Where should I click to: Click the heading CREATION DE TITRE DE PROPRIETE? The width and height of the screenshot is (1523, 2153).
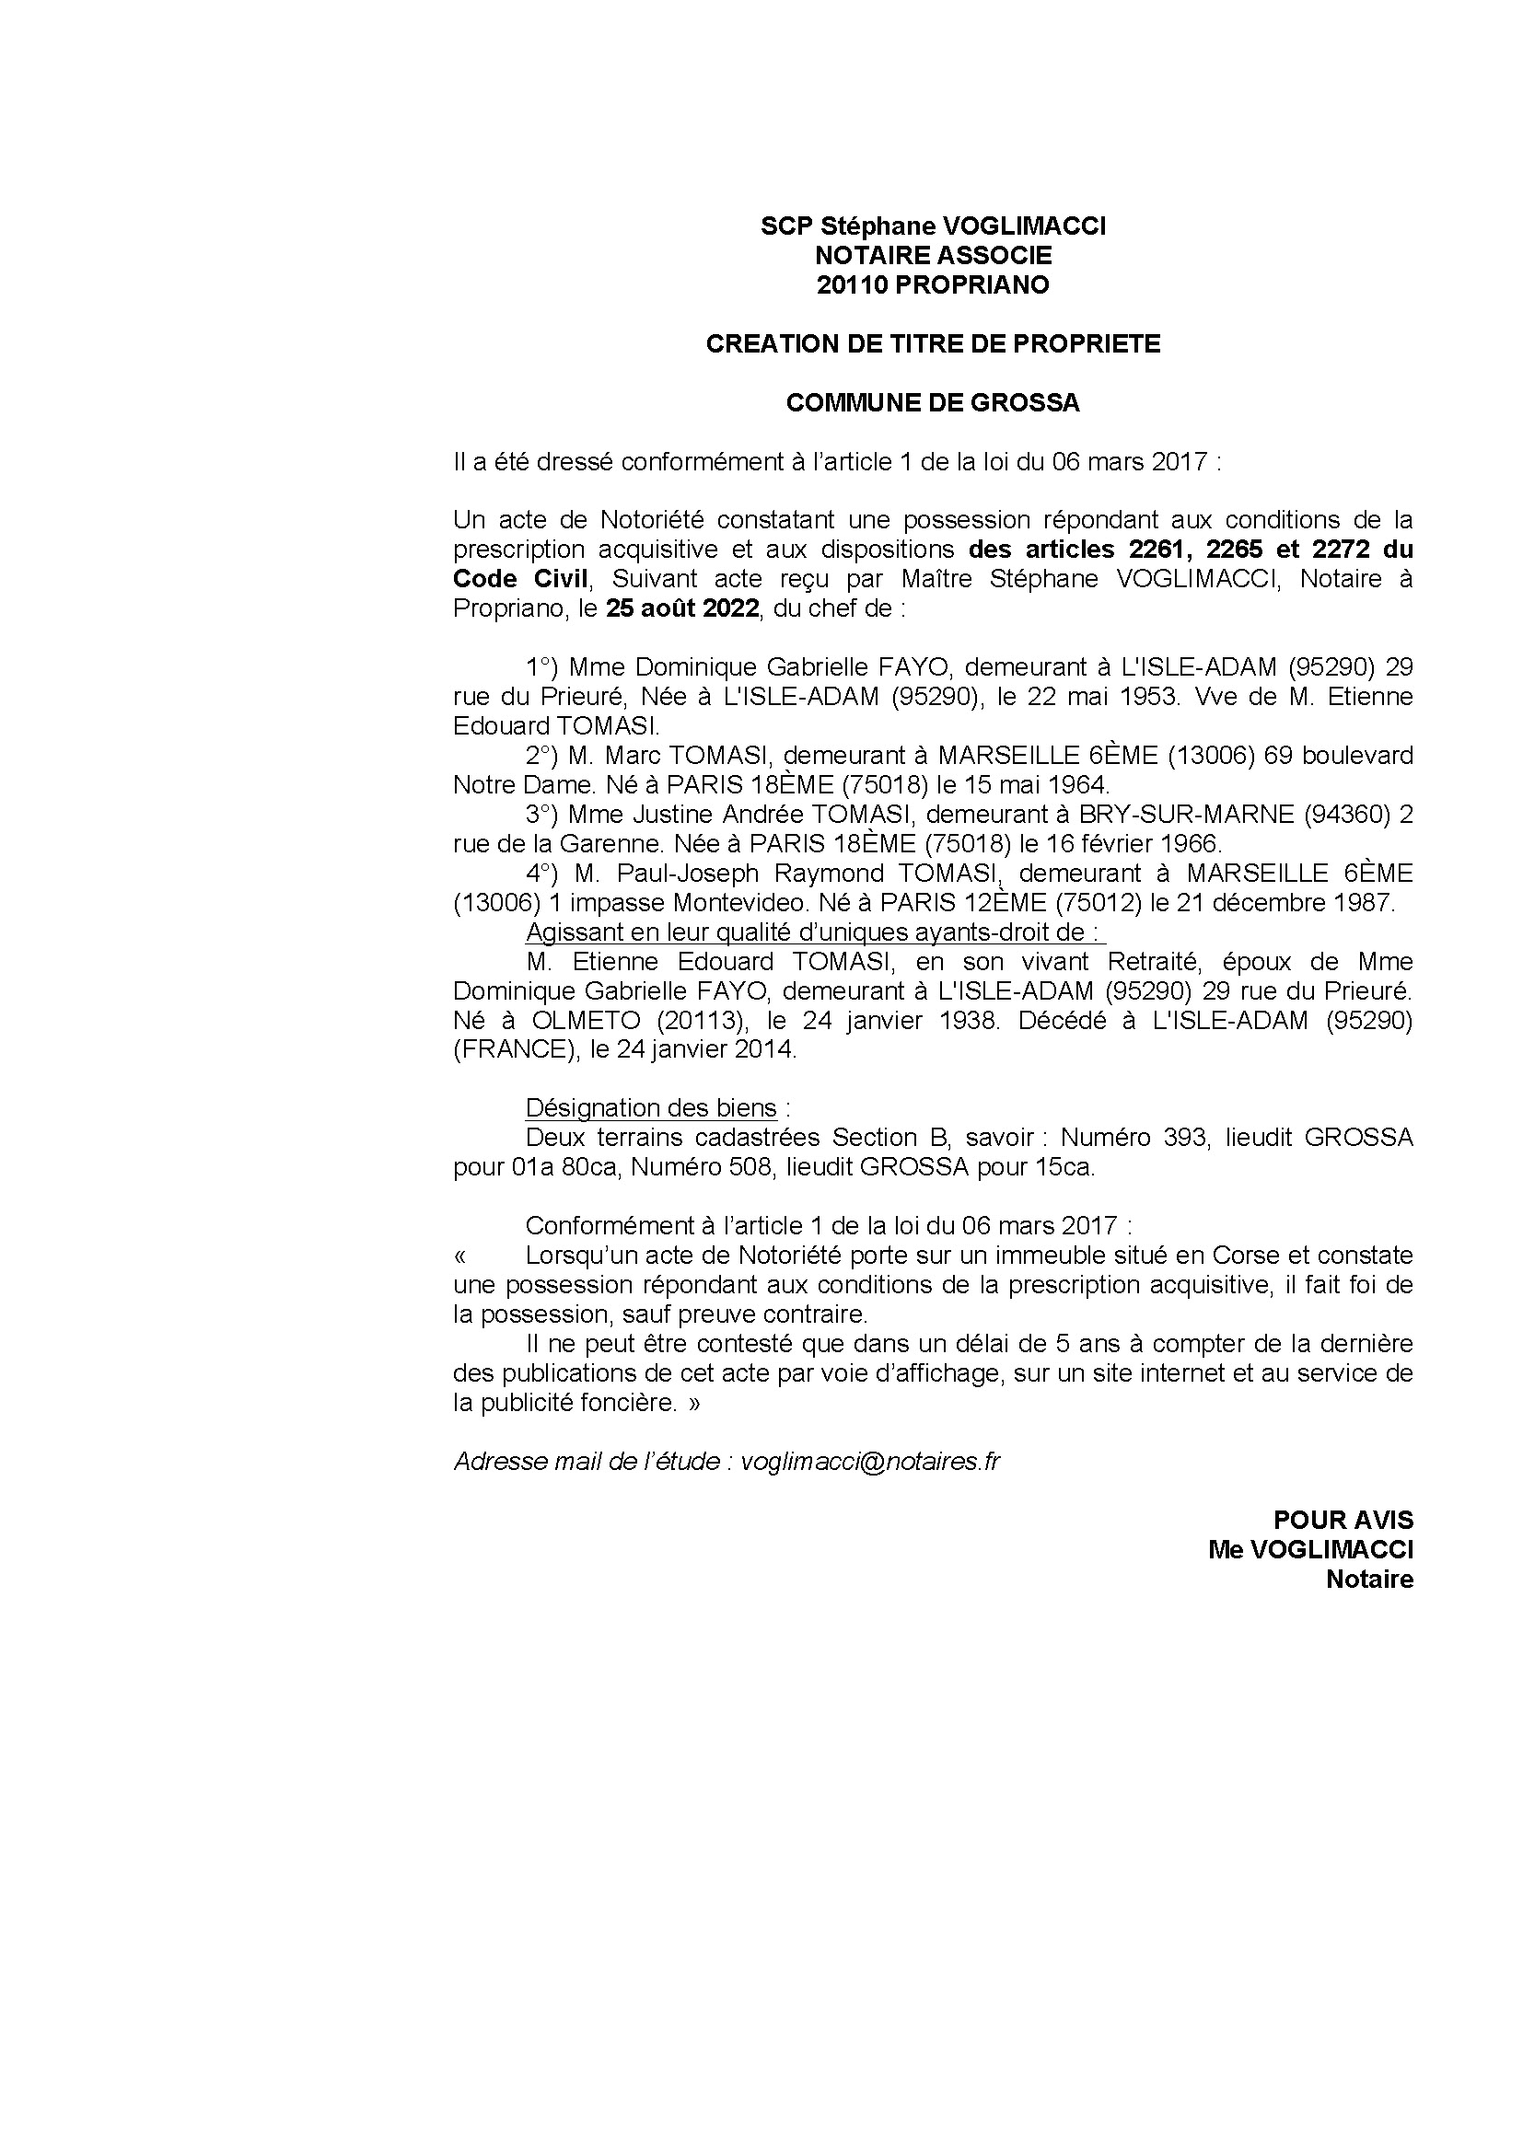[x=932, y=344]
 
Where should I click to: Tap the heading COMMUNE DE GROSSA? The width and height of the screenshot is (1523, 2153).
[x=932, y=403]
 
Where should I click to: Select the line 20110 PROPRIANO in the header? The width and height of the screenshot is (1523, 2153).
[x=932, y=285]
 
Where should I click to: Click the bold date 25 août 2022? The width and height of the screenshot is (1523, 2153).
[x=680, y=608]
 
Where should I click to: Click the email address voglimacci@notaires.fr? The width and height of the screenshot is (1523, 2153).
[x=870, y=1462]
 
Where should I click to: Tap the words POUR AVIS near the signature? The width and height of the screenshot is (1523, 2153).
[x=1342, y=1520]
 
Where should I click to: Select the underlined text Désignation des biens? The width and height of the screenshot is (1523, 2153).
[x=651, y=1108]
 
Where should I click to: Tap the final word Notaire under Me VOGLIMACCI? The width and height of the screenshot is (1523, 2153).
[x=1368, y=1580]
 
